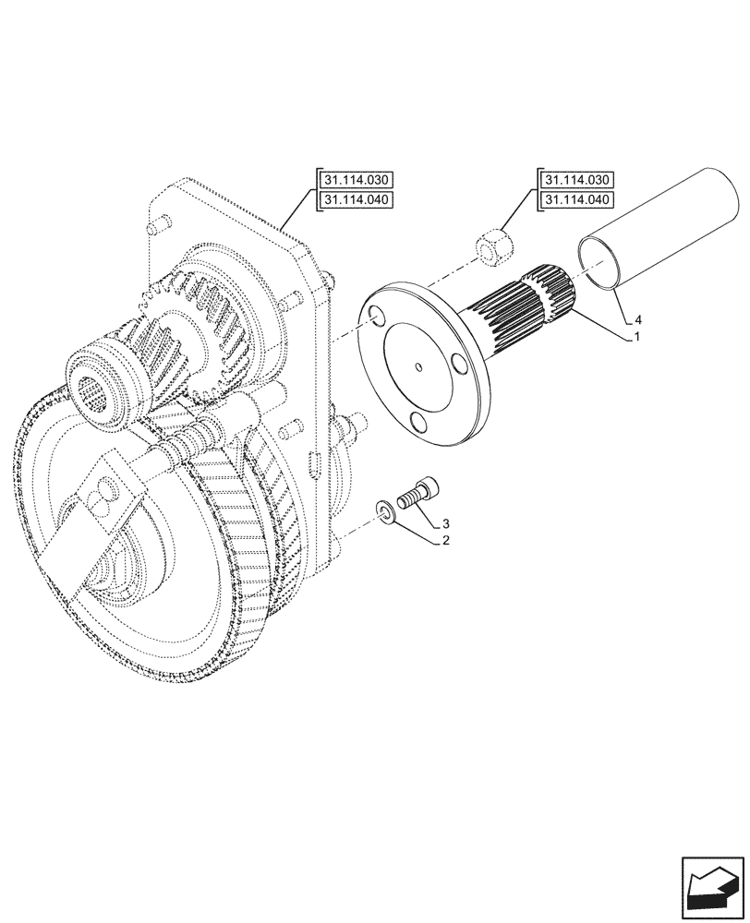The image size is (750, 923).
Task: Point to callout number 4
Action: pyautogui.click(x=635, y=321)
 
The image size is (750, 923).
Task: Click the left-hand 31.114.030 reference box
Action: pyautogui.click(x=356, y=180)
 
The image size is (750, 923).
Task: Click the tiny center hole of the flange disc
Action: pyautogui.click(x=418, y=367)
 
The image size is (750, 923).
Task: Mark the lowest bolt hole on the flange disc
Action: pyautogui.click(x=418, y=423)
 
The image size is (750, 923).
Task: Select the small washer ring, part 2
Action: pyautogui.click(x=385, y=513)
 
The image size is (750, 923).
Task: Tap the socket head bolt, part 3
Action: pyautogui.click(x=420, y=493)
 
